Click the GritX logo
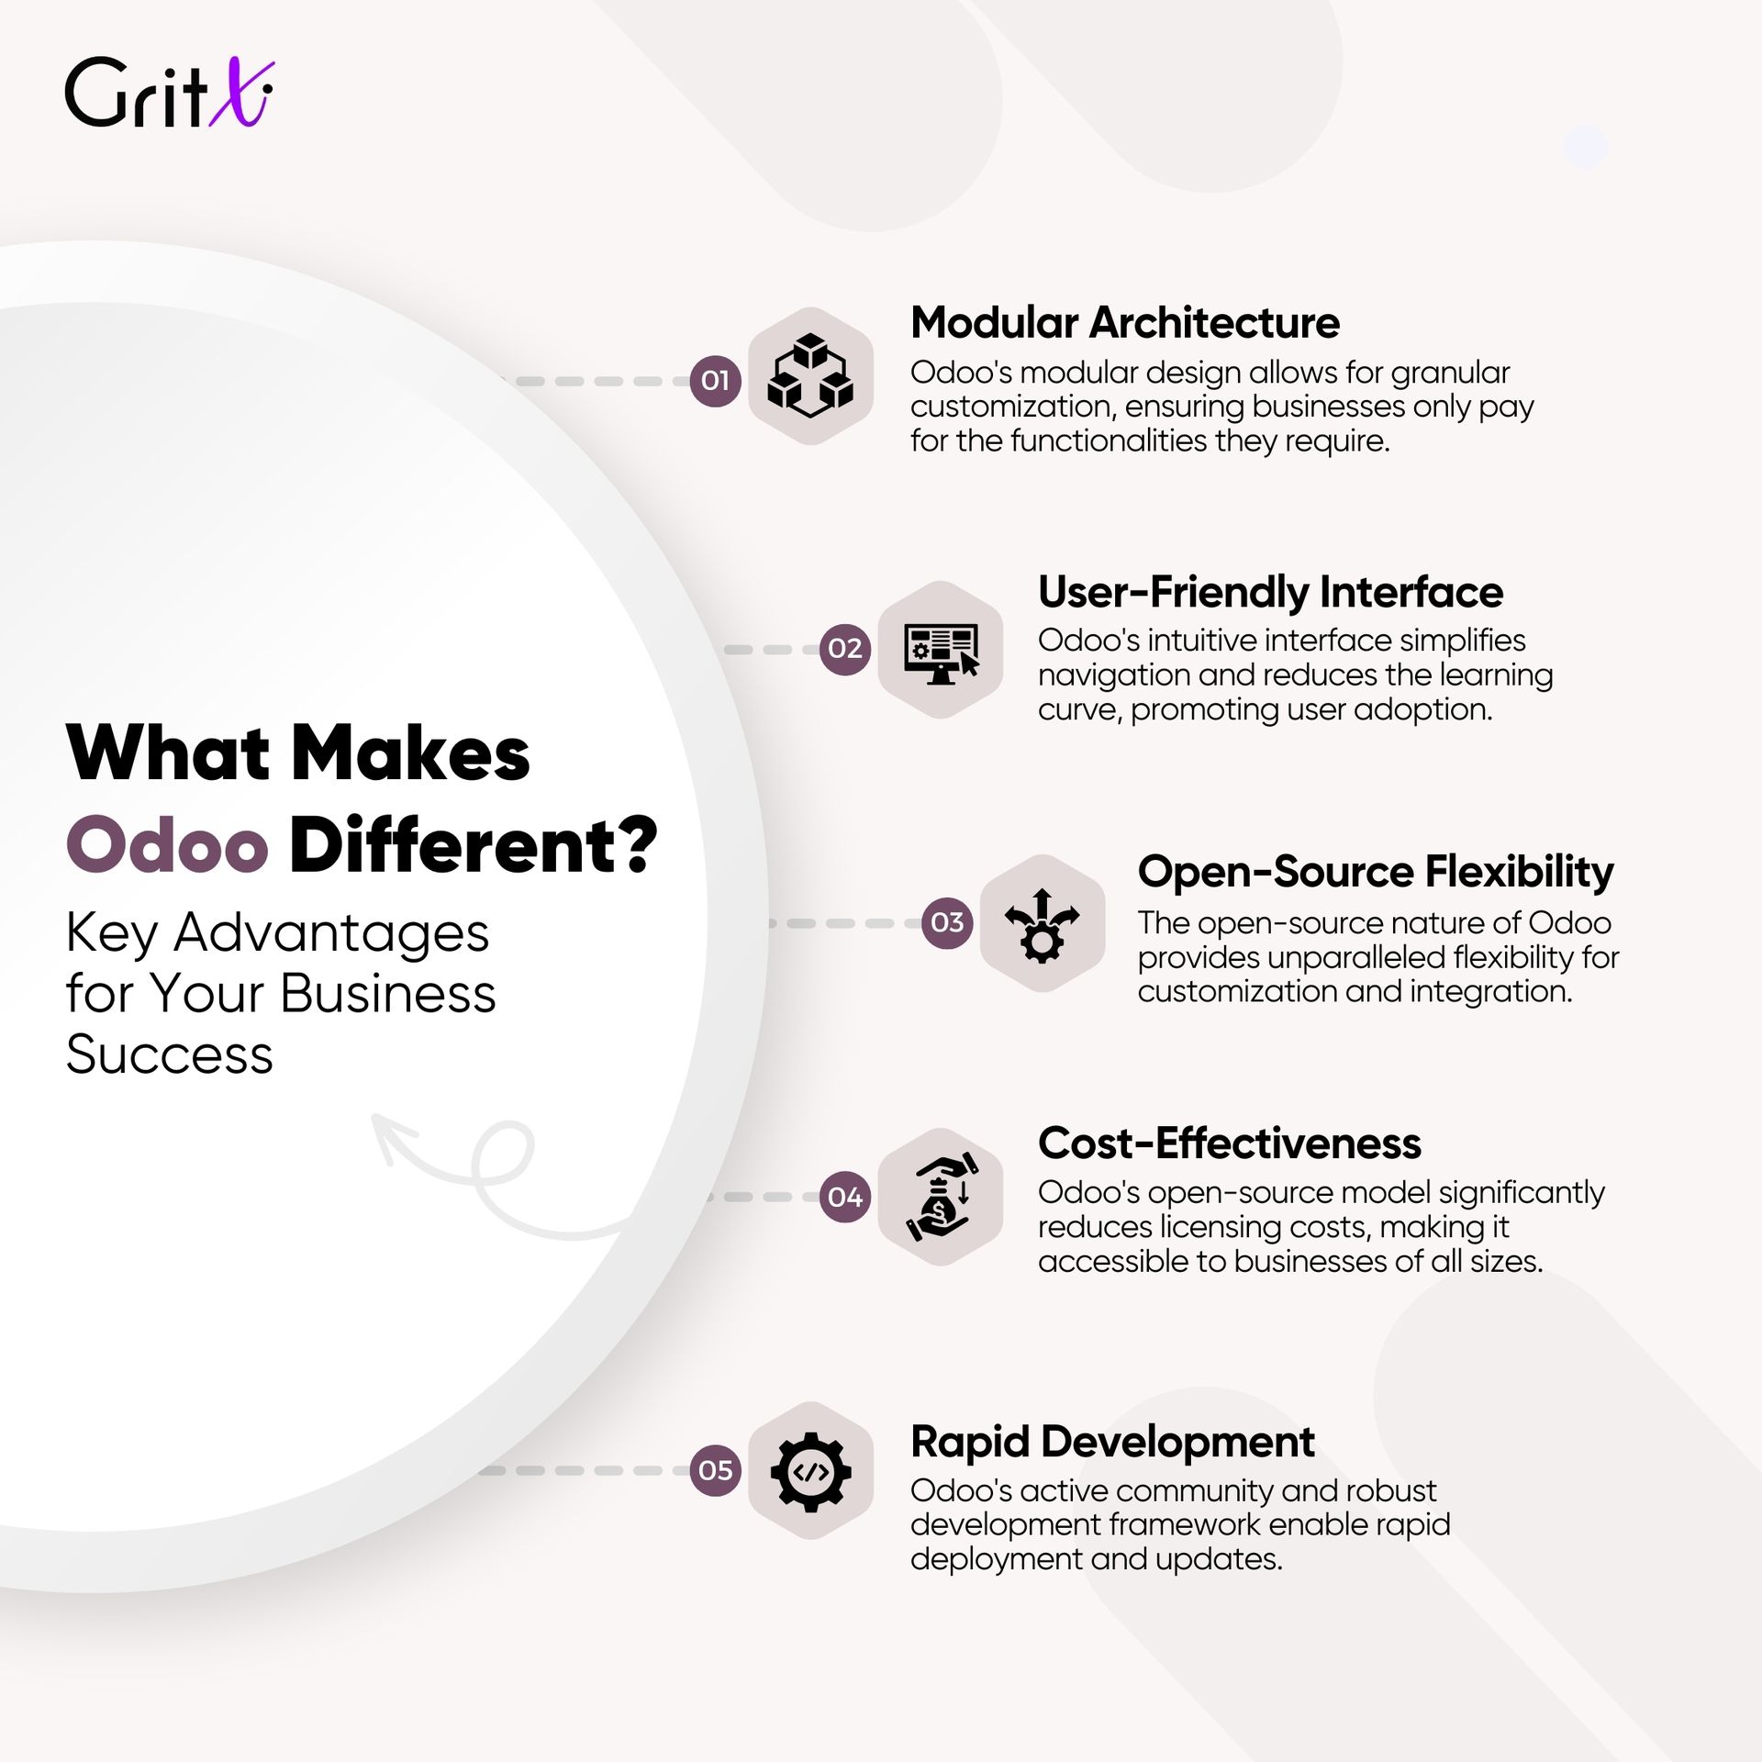point(169,92)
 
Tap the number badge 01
point(715,380)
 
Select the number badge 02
point(844,649)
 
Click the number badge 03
point(947,922)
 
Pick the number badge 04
point(844,1197)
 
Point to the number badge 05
point(715,1470)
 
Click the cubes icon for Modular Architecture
point(810,376)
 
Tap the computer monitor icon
point(942,652)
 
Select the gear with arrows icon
point(1043,925)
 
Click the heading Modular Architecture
point(1125,323)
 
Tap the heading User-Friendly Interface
point(1270,593)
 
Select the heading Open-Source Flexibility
point(1376,872)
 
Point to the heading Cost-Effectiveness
point(1230,1143)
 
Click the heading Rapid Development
point(1112,1442)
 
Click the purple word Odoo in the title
point(167,845)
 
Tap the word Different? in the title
point(474,844)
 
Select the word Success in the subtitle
point(170,1054)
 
